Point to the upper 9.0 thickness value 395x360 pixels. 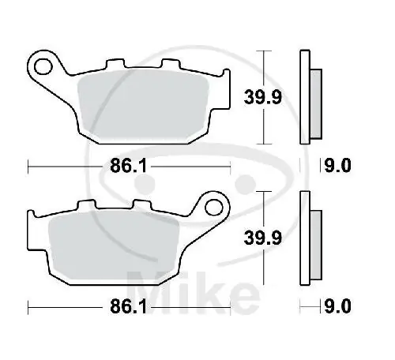coord(337,167)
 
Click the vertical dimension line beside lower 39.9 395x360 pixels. coord(265,238)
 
